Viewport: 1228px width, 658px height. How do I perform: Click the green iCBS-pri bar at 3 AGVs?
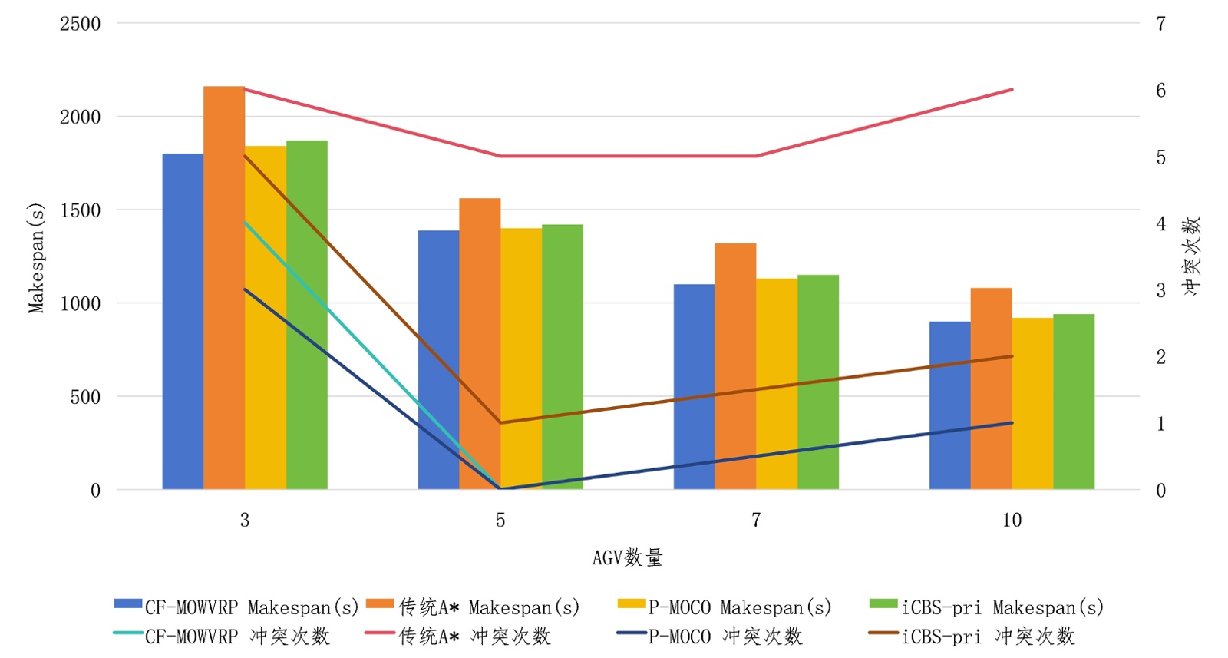(307, 315)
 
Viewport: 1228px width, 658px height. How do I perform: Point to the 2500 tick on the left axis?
(80, 24)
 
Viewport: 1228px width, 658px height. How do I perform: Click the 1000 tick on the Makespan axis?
(80, 303)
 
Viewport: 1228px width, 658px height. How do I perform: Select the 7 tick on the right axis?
(1160, 24)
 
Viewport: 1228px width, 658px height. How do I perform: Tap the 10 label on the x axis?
(1012, 520)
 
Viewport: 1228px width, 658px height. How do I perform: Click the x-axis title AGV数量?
(627, 557)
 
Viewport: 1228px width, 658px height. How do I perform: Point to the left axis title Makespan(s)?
(36, 258)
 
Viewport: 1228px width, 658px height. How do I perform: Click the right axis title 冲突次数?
(1190, 256)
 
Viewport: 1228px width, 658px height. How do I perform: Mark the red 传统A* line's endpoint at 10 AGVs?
(1012, 90)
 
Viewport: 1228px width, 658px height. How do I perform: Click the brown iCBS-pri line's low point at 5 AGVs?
(500, 423)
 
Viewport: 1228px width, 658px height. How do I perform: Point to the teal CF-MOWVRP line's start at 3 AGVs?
(245, 223)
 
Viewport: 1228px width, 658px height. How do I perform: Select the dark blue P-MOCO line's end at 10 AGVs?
(1012, 423)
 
